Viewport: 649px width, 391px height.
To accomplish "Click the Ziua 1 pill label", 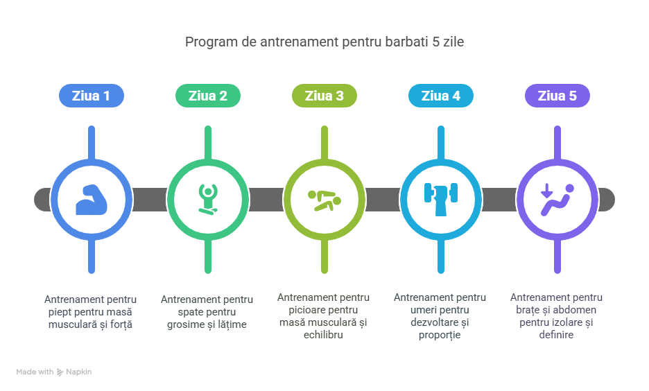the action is [92, 96].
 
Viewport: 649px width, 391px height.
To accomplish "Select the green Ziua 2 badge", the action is [208, 96].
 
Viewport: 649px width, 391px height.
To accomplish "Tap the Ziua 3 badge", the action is [324, 96].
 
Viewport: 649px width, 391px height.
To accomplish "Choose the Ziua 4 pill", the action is [441, 96].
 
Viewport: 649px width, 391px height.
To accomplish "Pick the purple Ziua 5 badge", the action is [557, 96].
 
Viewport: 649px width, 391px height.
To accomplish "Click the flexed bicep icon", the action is [92, 200].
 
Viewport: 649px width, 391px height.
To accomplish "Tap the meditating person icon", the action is [208, 200].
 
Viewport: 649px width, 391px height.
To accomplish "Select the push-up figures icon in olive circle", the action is [324, 200].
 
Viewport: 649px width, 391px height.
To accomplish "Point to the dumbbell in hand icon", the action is [441, 200].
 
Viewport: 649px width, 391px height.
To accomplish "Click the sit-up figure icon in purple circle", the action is [557, 200].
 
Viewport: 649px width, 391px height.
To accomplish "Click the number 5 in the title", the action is [436, 42].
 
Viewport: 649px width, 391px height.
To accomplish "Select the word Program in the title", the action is [211, 42].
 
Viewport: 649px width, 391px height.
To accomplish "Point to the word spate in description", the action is [191, 313].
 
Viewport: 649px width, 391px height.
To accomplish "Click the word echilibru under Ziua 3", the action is [323, 335].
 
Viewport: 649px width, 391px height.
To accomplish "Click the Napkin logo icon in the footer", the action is [60, 372].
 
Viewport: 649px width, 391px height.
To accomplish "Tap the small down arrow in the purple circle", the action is [547, 191].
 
